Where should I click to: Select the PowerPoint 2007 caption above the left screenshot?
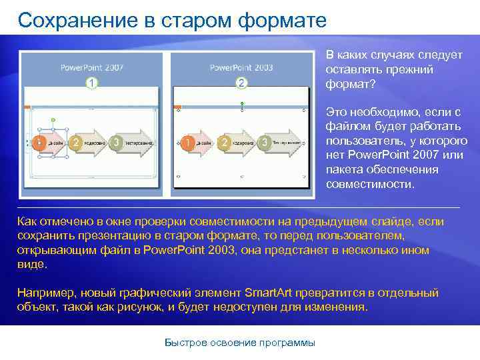click(x=92, y=67)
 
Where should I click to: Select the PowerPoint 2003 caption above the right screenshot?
click(x=241, y=67)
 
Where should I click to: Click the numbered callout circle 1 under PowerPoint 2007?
click(x=91, y=82)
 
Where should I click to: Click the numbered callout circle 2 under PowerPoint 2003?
click(x=241, y=83)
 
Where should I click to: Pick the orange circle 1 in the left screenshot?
click(x=39, y=142)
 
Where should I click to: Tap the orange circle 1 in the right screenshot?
click(x=189, y=143)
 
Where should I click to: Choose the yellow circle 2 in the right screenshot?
click(x=226, y=143)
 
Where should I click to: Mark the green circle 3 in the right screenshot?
click(x=265, y=143)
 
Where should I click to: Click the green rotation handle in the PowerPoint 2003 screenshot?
click(x=241, y=103)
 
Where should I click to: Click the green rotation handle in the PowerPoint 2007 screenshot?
click(x=53, y=120)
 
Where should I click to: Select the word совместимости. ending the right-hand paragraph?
click(x=370, y=183)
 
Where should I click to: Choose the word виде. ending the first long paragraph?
click(x=33, y=264)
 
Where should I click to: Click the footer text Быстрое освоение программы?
click(x=240, y=343)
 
